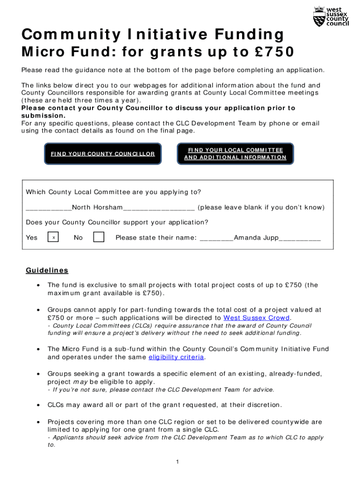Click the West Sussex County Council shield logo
click(318, 17)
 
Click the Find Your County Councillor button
click(103, 153)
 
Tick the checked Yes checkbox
click(54, 238)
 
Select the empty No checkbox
click(99, 238)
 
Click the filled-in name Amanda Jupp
click(256, 238)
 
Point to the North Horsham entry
click(97, 207)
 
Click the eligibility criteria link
click(176, 357)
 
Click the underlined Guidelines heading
click(47, 270)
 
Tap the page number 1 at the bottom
click(178, 462)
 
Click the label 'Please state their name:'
click(156, 238)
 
